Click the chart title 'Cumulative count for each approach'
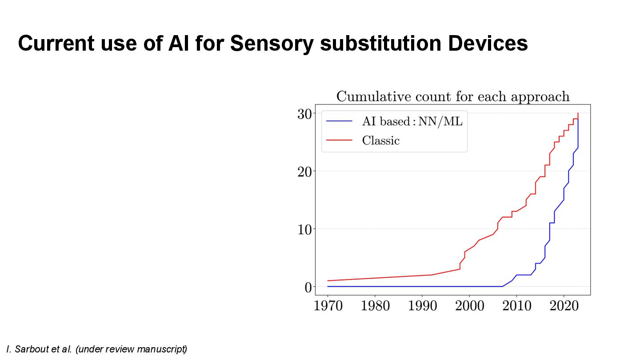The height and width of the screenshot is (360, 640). point(452,96)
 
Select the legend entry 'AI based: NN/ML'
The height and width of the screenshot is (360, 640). point(412,121)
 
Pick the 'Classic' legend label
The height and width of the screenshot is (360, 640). point(381,141)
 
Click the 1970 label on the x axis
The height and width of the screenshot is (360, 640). point(328,306)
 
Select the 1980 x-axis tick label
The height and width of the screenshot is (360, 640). point(375,306)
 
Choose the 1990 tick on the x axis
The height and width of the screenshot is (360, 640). point(422,306)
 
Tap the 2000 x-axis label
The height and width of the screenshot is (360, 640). point(469,306)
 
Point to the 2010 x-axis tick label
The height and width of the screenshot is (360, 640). point(516,306)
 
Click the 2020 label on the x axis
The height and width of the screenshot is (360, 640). point(564,306)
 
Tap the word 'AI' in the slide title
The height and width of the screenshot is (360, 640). point(179,44)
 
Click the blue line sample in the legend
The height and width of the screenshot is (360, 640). point(339,121)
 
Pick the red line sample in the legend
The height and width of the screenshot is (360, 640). point(339,141)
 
